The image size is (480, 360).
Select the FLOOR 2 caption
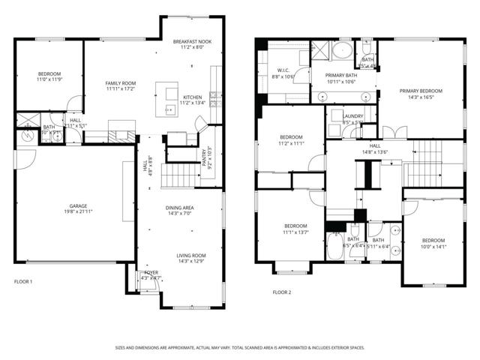(281, 292)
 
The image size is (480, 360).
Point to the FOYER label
(151, 272)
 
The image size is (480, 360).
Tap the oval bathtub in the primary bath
(342, 52)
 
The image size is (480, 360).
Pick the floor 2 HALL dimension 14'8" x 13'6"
(375, 152)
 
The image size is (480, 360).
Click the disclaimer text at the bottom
(240, 347)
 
